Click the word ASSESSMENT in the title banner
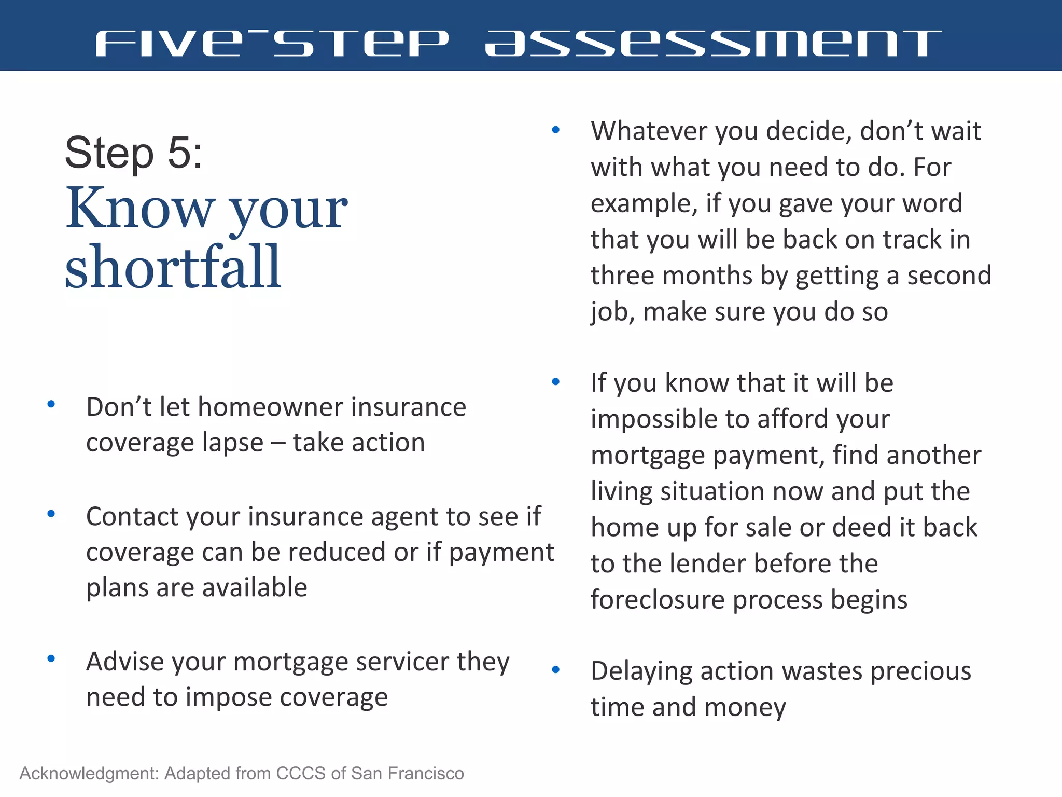[713, 43]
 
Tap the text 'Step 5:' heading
[133, 153]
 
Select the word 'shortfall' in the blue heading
[173, 267]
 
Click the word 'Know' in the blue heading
[139, 209]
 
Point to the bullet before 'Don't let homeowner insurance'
[51, 404]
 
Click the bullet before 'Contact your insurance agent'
[51, 514]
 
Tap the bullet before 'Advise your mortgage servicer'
[51, 659]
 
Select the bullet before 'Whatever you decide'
[556, 130]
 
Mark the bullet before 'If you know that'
[556, 382]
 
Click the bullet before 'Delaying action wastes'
[556, 670]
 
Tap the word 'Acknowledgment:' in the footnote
[89, 774]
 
